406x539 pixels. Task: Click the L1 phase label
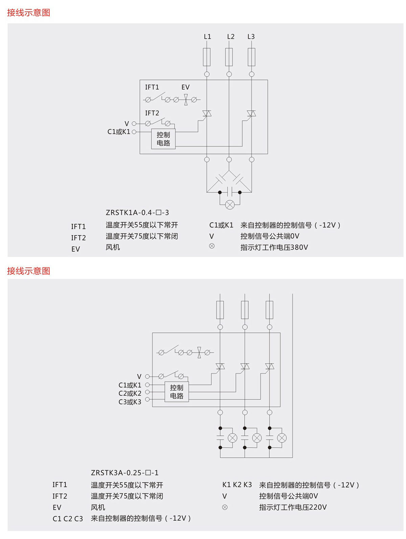[207, 37]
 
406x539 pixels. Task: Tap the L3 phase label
[251, 37]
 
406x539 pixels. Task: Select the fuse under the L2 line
[229, 57]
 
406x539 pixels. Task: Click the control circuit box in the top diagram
[163, 139]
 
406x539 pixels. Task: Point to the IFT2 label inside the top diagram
[152, 113]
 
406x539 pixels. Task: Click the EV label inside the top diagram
[185, 87]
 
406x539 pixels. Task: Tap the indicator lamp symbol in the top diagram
[230, 204]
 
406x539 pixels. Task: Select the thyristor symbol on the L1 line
[207, 113]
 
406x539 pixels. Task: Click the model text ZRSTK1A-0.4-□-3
[137, 212]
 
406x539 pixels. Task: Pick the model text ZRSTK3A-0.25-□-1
[125, 472]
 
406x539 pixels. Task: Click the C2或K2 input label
[130, 393]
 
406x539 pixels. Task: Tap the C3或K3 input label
[130, 402]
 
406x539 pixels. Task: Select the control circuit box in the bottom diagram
[177, 392]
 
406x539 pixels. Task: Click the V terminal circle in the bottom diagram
[147, 376]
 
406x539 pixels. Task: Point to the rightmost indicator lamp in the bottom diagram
[281, 438]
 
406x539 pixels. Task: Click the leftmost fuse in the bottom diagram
[220, 310]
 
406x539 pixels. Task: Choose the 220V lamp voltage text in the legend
[318, 507]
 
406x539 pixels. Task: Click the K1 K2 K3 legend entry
[237, 484]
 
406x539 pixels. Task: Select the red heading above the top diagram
[29, 13]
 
